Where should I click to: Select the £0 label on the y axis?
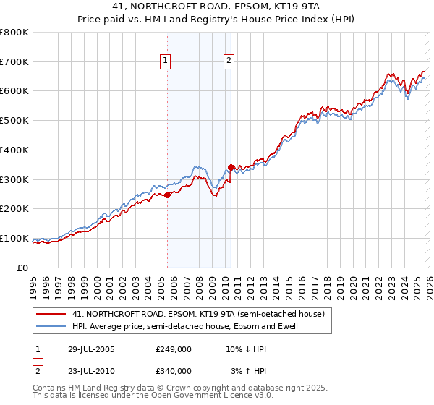pos(24,268)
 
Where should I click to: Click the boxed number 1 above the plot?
pos(166,61)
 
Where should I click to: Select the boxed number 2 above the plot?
pos(229,61)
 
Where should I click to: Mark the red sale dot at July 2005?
pos(167,194)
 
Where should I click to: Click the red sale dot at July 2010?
pos(231,167)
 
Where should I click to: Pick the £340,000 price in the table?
pos(174,370)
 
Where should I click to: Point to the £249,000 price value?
pos(174,349)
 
